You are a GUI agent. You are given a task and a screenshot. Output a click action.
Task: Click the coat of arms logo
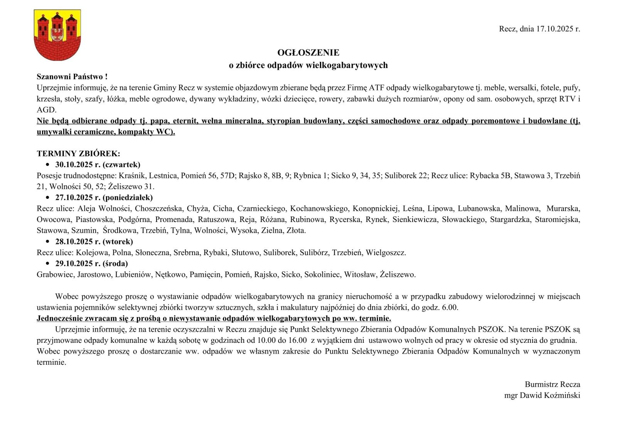click(x=57, y=35)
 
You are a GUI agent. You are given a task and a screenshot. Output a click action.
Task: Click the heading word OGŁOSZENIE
click(x=308, y=53)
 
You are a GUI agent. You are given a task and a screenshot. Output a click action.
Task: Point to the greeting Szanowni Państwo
click(x=72, y=77)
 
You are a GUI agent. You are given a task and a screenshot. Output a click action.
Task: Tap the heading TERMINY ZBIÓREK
click(x=79, y=154)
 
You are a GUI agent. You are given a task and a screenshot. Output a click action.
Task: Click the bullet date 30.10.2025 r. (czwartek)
click(x=98, y=165)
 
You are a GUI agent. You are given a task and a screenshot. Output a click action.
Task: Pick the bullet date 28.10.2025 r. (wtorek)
click(x=94, y=242)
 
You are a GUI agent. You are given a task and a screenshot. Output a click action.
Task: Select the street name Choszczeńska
click(x=158, y=209)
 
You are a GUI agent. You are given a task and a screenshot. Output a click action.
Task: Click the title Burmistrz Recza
click(x=552, y=384)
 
